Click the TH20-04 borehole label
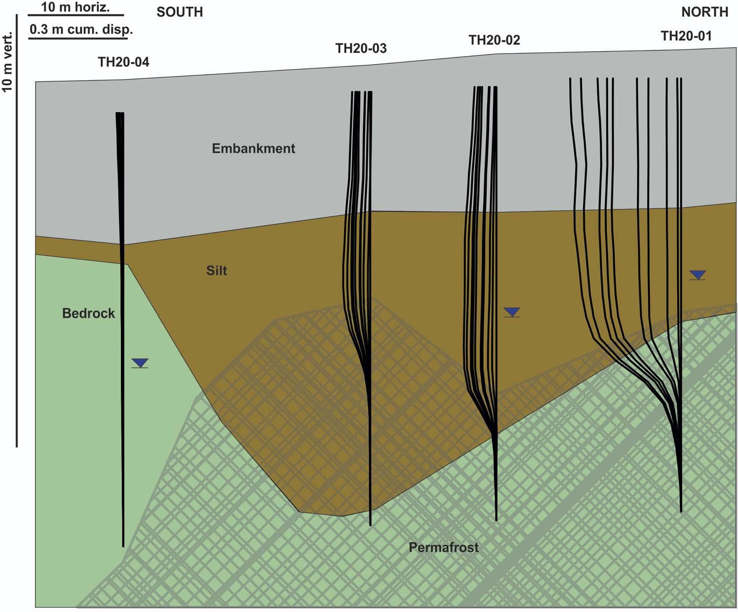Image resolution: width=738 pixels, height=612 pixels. [123, 62]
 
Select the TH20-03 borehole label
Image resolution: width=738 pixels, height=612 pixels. [361, 48]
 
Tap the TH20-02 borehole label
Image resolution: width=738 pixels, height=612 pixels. [494, 40]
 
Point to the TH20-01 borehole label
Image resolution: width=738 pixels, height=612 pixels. [686, 35]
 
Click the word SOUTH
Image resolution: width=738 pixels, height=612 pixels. [180, 12]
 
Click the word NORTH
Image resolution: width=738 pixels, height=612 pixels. [705, 12]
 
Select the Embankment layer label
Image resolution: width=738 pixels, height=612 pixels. [253, 148]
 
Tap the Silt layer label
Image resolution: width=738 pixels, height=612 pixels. [216, 271]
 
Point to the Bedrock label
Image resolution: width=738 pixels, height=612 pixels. [89, 313]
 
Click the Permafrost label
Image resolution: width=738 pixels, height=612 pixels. [443, 547]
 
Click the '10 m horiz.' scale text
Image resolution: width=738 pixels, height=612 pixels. [75, 7]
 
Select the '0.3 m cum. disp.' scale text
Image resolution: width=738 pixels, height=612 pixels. [81, 30]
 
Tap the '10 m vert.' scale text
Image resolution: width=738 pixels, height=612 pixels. [7, 62]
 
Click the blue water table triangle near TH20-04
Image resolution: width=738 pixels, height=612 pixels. [140, 363]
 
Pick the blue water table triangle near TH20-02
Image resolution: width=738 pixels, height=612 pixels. [512, 311]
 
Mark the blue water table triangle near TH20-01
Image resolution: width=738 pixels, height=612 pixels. [698, 275]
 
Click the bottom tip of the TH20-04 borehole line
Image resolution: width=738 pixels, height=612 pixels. [123, 545]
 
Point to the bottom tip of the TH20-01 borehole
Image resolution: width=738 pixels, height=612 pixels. [681, 511]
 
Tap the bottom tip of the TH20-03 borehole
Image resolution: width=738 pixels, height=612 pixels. [370, 524]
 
